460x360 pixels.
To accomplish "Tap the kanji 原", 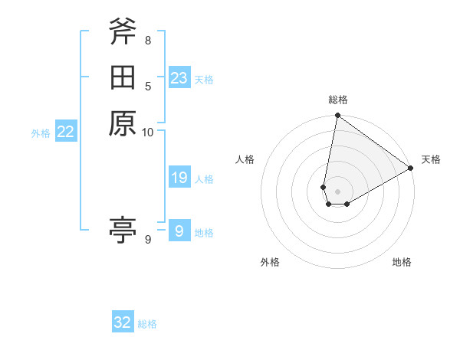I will (x=123, y=123).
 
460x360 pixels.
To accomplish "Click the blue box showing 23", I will (x=179, y=78).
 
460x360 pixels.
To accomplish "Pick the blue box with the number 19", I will (x=179, y=178).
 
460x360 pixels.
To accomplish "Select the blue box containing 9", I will (x=179, y=231).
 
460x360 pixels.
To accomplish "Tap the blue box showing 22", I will (x=66, y=132).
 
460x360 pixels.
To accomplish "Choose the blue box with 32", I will (x=123, y=322).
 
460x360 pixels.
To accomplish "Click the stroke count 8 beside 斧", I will (x=148, y=40).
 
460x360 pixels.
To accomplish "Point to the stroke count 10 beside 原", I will (x=148, y=133).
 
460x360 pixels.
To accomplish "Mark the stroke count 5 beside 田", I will (x=148, y=86).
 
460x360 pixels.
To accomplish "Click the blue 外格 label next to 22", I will (x=41, y=133).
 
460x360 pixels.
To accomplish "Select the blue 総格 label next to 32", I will (x=147, y=324).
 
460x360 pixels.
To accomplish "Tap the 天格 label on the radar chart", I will (x=431, y=159).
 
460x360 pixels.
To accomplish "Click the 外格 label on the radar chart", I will (x=270, y=263).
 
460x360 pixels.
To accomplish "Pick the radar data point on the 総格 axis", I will (x=337, y=116).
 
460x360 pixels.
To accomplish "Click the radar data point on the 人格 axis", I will (x=324, y=187).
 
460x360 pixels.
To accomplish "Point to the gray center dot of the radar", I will (x=337, y=191).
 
